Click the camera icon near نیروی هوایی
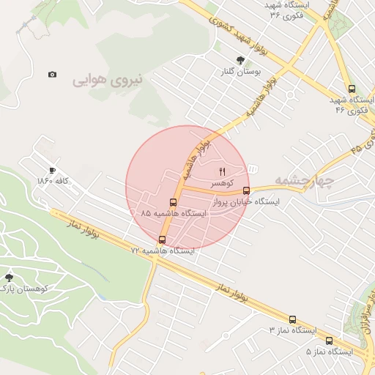click(x=52, y=75)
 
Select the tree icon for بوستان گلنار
click(x=240, y=60)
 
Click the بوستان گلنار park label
click(x=239, y=72)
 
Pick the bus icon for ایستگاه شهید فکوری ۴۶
click(x=352, y=88)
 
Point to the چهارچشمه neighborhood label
click(x=304, y=179)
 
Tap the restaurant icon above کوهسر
click(x=223, y=171)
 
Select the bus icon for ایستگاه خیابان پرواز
click(x=246, y=190)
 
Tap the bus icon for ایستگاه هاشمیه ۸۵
click(x=173, y=203)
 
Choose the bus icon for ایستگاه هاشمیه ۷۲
click(x=162, y=240)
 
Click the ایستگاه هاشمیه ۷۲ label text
click(x=163, y=250)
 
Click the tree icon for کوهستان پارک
click(x=9, y=278)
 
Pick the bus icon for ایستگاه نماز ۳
click(x=292, y=319)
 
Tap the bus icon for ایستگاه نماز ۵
click(x=329, y=341)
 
